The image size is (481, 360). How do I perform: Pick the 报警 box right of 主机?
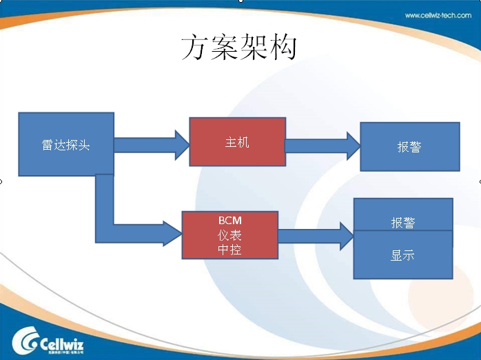[409, 147]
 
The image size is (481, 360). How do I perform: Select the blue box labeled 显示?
[403, 255]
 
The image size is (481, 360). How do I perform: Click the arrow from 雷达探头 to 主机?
[152, 144]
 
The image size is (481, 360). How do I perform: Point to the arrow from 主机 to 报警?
[323, 146]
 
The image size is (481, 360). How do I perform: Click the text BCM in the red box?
[230, 220]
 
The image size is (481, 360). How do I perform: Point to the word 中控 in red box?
[230, 249]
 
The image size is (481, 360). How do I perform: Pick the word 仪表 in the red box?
[230, 234]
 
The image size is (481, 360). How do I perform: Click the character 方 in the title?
[195, 48]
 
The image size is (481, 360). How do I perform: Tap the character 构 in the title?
[283, 48]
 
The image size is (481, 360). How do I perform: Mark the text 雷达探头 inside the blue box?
[65, 146]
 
